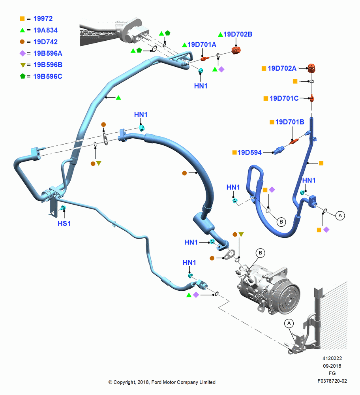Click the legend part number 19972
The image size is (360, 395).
(43, 19)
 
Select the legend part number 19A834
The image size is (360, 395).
(45, 30)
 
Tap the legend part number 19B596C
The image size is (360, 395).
(48, 76)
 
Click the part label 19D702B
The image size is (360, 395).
(238, 34)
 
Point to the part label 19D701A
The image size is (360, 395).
(202, 45)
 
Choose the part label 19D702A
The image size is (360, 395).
(282, 68)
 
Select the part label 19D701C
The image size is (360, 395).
(284, 98)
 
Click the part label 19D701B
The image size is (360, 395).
(290, 122)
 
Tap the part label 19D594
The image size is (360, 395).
(249, 152)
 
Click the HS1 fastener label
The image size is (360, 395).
(64, 224)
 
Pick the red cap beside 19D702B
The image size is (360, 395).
(236, 50)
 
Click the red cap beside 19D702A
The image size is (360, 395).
(312, 68)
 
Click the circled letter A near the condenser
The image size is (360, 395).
(289, 323)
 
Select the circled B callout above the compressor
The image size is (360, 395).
(260, 253)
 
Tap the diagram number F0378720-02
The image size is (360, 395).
(332, 381)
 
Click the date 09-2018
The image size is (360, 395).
(332, 366)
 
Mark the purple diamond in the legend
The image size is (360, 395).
(22, 53)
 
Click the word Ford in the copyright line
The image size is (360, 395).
(156, 382)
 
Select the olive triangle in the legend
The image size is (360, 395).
(22, 65)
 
